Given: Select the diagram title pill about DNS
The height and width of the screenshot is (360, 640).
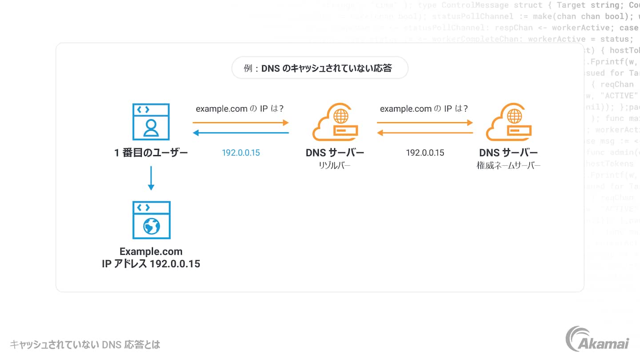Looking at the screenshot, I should click(320, 68).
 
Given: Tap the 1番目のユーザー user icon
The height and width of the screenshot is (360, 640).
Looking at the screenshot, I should click(151, 122).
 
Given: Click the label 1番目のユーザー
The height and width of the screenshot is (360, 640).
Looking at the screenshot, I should click(151, 153).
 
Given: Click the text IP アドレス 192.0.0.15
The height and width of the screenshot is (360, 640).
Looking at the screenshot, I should click(151, 264).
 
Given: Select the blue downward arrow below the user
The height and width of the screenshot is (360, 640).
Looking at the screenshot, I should click(151, 178).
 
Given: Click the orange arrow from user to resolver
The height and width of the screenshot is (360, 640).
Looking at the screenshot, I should click(240, 122).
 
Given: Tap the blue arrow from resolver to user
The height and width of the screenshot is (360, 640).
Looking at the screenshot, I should click(240, 132).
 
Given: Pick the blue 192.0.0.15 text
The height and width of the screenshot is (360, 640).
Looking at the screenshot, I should click(241, 153).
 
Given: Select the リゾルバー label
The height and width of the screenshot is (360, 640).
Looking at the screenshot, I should click(335, 166).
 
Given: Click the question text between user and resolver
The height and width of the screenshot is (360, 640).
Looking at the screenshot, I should click(240, 109).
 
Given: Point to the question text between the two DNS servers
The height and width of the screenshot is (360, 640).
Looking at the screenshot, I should click(424, 109).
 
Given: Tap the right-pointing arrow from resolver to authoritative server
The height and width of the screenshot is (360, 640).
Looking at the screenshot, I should click(425, 122).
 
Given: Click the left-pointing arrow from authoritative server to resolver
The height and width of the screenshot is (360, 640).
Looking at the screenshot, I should click(425, 132).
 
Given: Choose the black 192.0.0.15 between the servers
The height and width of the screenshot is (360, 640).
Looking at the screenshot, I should click(425, 153).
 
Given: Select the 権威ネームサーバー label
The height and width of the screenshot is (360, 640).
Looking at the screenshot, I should click(508, 166).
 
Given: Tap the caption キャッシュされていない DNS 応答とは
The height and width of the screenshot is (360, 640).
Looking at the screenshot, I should click(85, 344).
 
